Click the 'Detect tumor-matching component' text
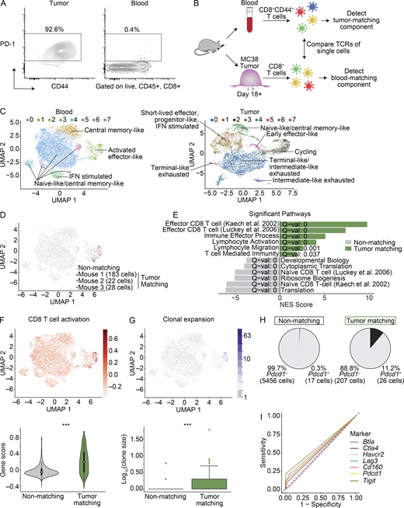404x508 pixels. [x=372, y=24]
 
